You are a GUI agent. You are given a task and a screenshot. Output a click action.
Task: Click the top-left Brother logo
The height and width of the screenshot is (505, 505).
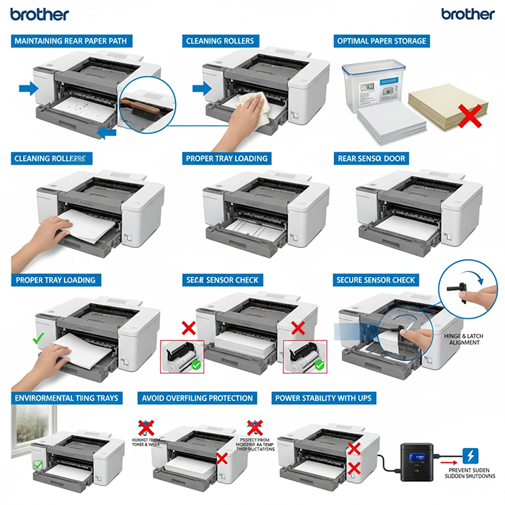[40, 14]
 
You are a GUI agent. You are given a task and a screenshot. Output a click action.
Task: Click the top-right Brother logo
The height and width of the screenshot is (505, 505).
[467, 14]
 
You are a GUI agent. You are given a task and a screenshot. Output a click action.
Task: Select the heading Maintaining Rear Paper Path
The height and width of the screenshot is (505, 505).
[71, 41]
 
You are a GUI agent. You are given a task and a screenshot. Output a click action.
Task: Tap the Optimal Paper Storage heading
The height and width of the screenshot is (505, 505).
[382, 41]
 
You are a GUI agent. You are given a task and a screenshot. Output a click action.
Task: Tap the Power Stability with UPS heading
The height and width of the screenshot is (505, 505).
[336, 397]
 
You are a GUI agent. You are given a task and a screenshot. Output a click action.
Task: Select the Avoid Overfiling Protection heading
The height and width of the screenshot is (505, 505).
[197, 397]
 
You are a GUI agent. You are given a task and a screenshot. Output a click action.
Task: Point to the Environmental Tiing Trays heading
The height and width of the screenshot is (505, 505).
[67, 397]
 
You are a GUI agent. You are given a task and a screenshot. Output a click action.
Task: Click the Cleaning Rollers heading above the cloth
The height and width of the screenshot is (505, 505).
[220, 41]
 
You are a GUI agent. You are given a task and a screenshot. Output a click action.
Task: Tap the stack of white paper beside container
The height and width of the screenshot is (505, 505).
[390, 127]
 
